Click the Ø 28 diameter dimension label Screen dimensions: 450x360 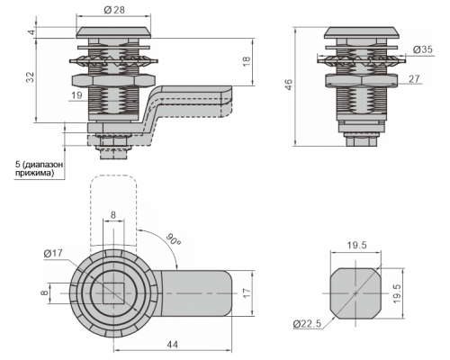[114, 10]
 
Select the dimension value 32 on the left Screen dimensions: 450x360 [31, 77]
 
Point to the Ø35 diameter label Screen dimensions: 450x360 [423, 49]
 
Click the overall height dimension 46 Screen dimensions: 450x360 [288, 85]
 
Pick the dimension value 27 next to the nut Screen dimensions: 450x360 [414, 78]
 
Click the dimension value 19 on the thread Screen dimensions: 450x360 [76, 95]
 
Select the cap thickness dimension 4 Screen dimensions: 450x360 [32, 31]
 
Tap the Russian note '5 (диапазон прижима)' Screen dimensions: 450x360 [39, 168]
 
